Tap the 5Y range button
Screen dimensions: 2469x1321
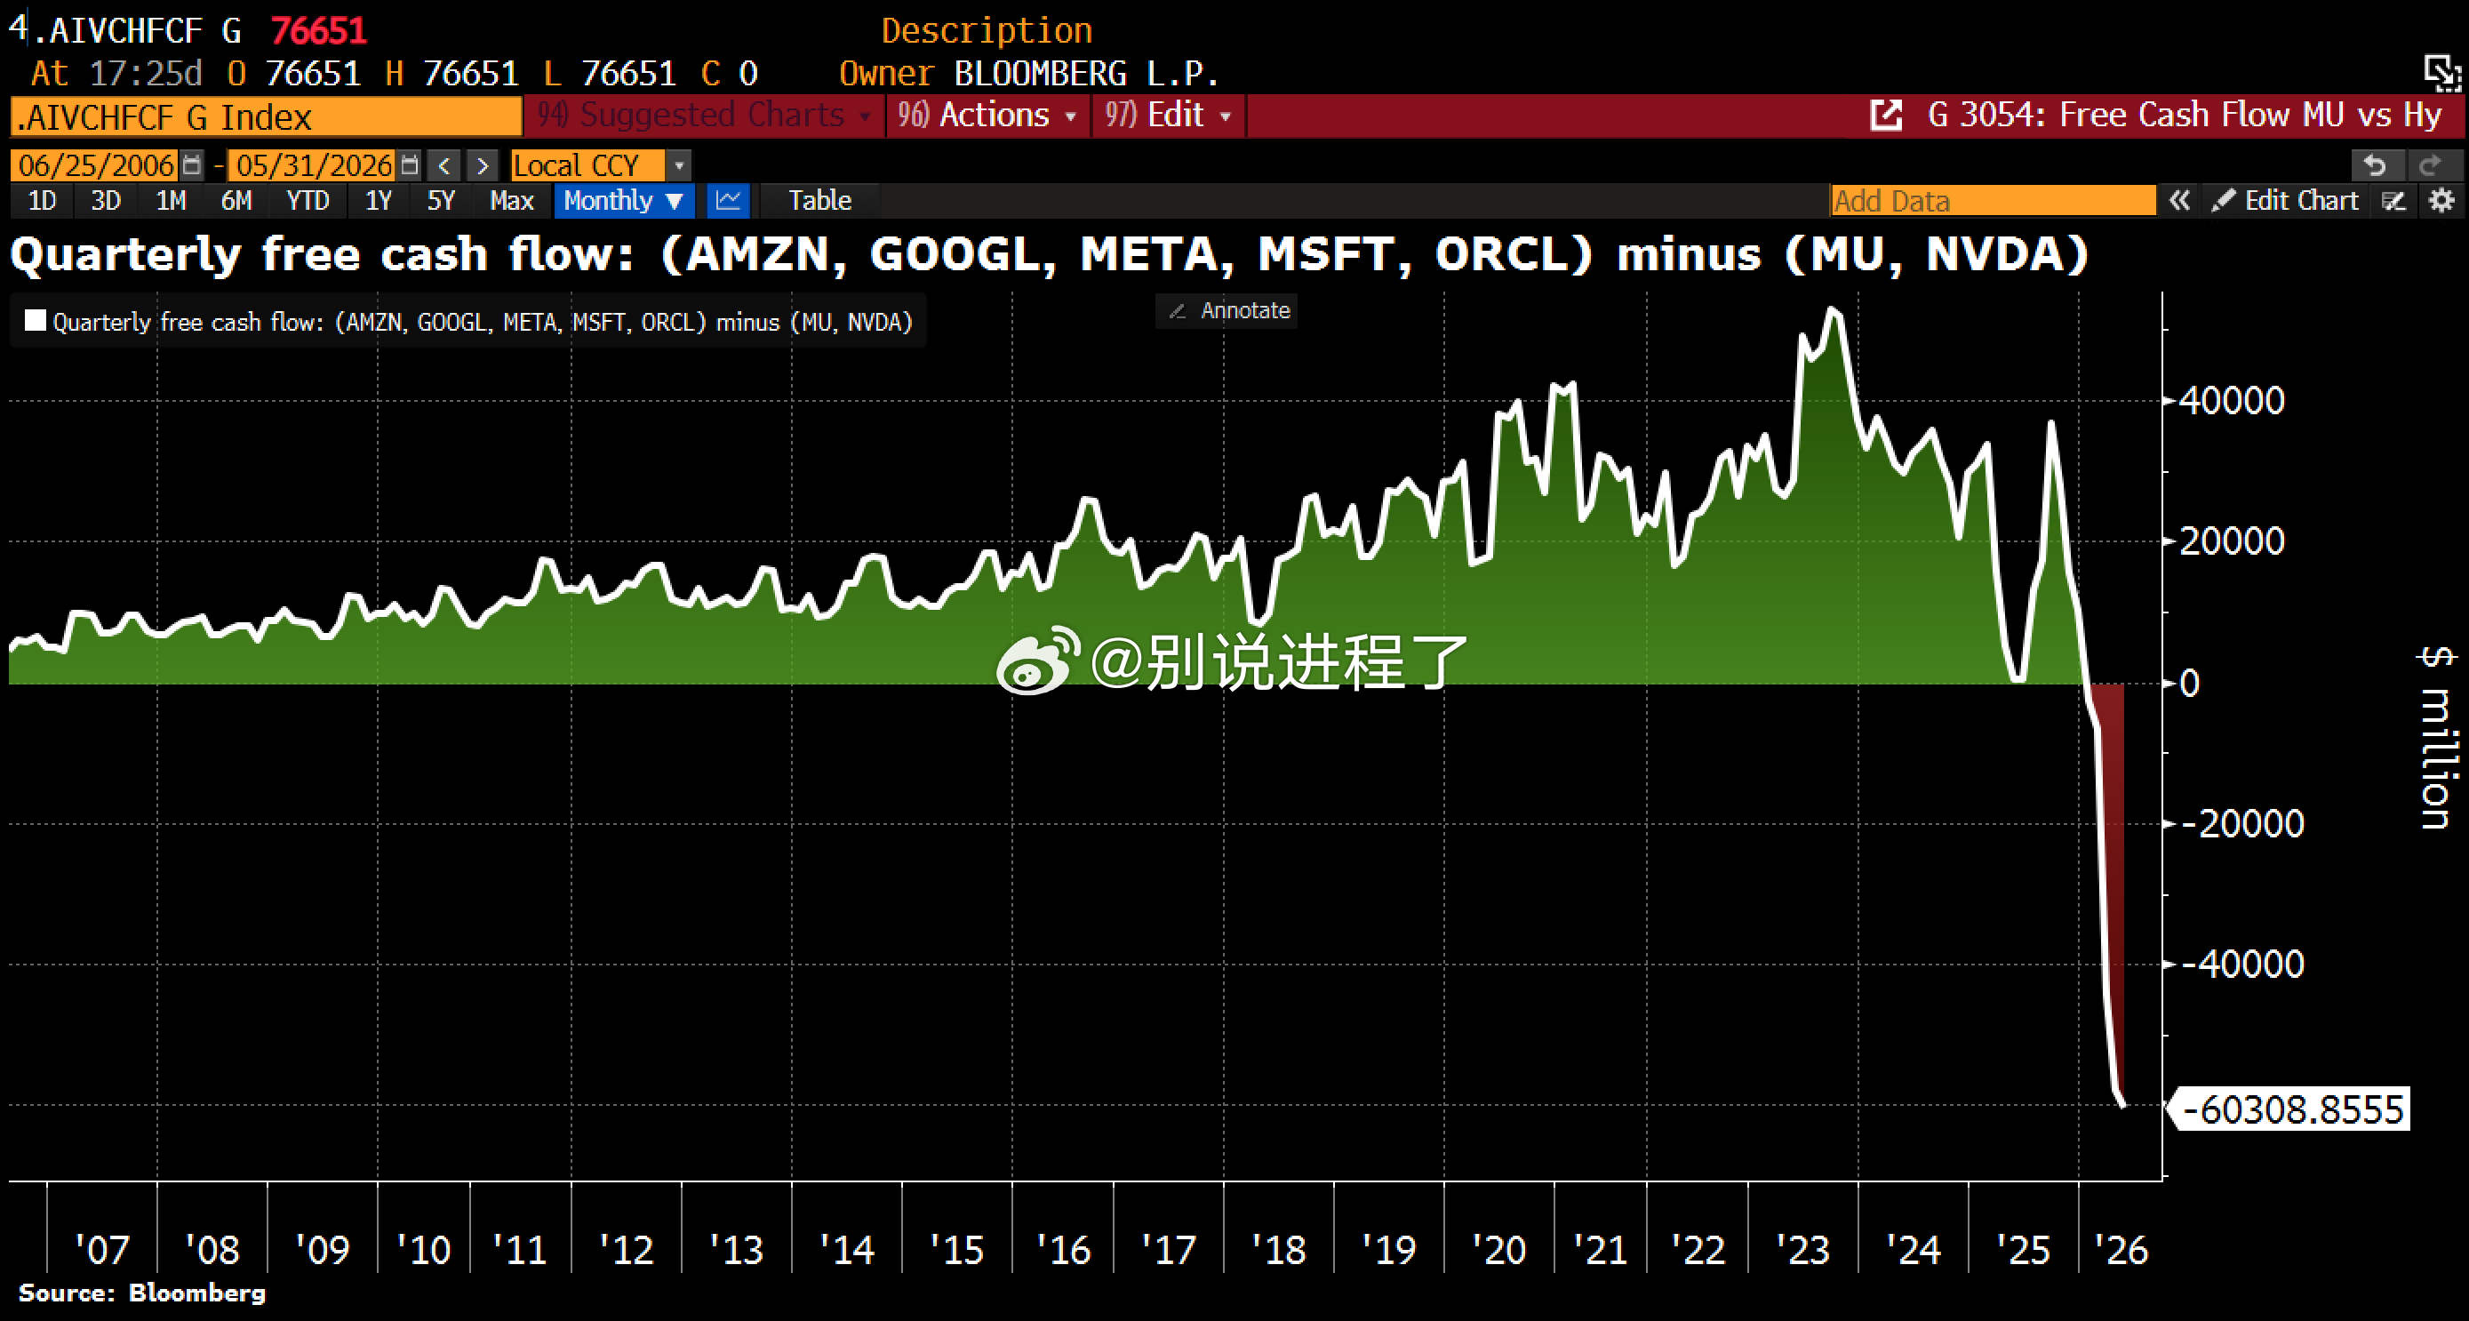[x=441, y=200]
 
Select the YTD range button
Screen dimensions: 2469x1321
[x=308, y=200]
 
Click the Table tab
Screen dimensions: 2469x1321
[x=819, y=200]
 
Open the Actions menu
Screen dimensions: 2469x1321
[x=987, y=115]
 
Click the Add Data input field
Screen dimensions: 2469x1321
[x=1992, y=200]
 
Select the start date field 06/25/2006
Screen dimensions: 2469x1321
[x=96, y=164]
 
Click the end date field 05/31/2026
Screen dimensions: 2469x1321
[x=314, y=164]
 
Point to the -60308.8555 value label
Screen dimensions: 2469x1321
[x=2291, y=1109]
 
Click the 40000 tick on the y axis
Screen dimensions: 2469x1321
[x=2232, y=401]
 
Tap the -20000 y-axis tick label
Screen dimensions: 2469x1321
[x=2242, y=824]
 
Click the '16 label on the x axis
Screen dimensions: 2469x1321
[x=1063, y=1249]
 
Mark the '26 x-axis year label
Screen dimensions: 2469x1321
[x=2120, y=1249]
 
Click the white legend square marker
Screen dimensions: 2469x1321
[x=36, y=320]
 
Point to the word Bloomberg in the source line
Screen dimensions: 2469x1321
[x=197, y=1293]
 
